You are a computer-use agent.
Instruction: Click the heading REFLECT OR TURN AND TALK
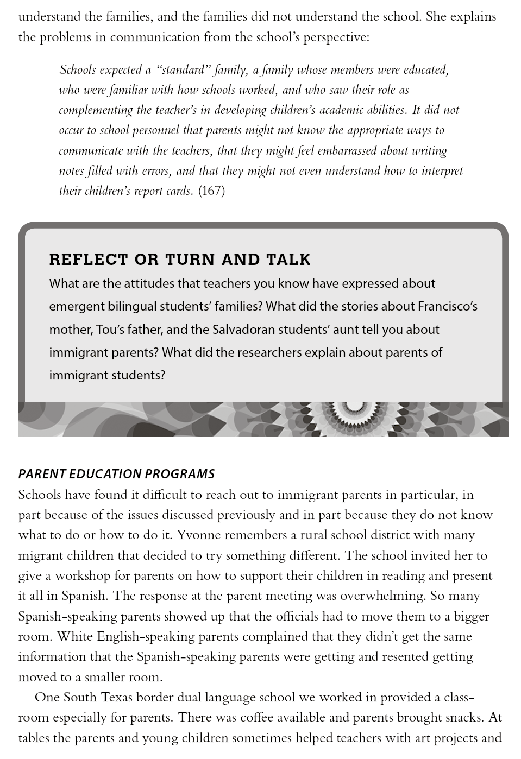click(180, 260)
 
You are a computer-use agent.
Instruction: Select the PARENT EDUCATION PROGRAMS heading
click(116, 474)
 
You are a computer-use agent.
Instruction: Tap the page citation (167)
click(211, 191)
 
